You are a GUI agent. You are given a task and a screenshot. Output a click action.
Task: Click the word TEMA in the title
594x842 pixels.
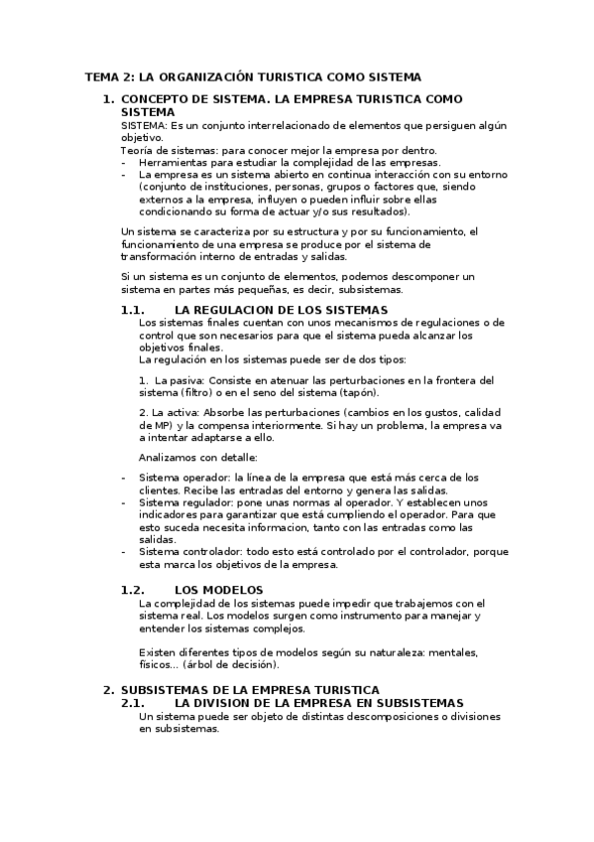[100, 75]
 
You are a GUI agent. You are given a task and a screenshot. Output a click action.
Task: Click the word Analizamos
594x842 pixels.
[172, 457]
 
